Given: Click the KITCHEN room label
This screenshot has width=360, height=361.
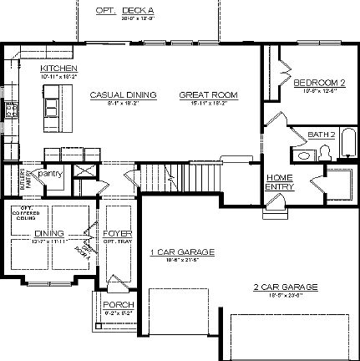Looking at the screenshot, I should coord(58,69).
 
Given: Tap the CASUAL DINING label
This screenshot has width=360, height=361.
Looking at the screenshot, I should coord(123,95).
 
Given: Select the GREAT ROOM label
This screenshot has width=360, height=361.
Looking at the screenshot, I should coord(208,95).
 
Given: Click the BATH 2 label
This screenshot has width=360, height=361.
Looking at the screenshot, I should coord(320,134).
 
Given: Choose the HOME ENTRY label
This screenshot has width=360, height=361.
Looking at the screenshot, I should coord(279,181).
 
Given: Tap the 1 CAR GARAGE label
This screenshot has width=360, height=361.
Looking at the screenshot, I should coord(182,252).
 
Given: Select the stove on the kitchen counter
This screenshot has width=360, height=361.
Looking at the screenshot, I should coord(11,109).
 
